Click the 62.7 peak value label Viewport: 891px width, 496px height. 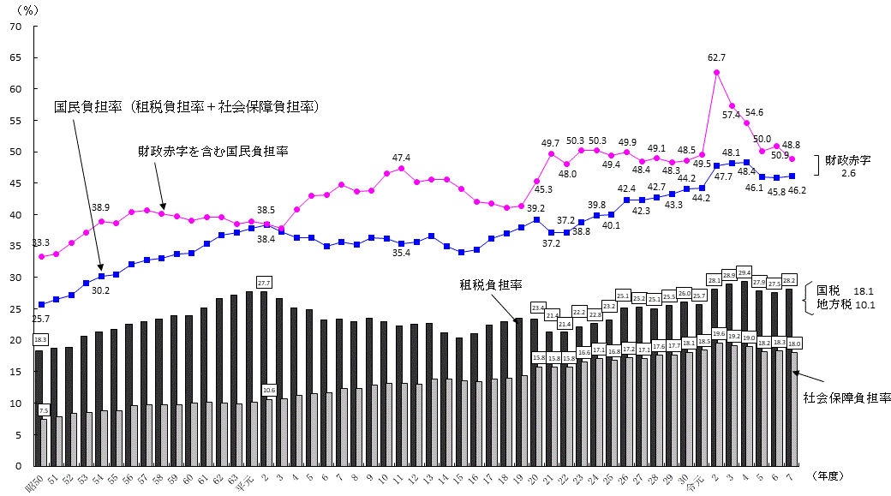(x=717, y=57)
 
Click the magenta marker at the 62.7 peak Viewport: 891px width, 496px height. (x=716, y=72)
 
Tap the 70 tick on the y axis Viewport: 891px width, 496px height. (x=15, y=27)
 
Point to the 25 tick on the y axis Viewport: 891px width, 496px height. (x=15, y=308)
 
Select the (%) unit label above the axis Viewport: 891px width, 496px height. (x=28, y=9)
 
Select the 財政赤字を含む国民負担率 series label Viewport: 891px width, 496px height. (x=213, y=151)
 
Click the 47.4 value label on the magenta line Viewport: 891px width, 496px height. (x=401, y=158)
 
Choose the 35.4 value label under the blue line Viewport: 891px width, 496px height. (x=401, y=254)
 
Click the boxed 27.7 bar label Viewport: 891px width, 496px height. (x=264, y=282)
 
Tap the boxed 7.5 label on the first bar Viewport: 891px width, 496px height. (x=44, y=411)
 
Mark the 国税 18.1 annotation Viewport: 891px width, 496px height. (x=845, y=290)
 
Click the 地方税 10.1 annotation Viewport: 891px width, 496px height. (x=845, y=304)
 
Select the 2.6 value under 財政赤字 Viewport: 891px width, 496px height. (x=848, y=174)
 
